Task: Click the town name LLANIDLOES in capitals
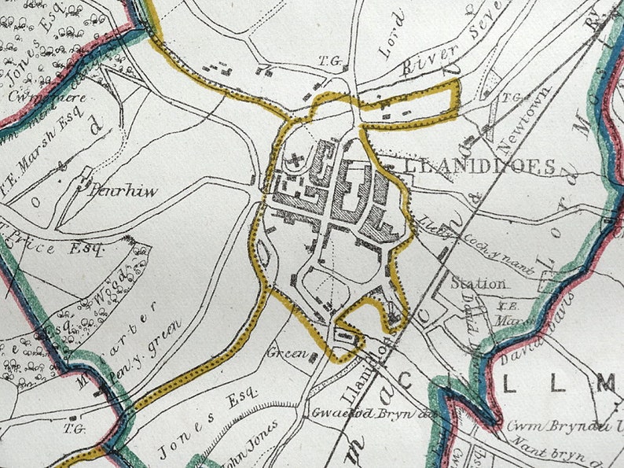click(470, 167)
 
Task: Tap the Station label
click(478, 282)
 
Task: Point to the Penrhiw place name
click(124, 191)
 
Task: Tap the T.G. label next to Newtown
click(512, 98)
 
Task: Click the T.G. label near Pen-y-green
click(75, 428)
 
